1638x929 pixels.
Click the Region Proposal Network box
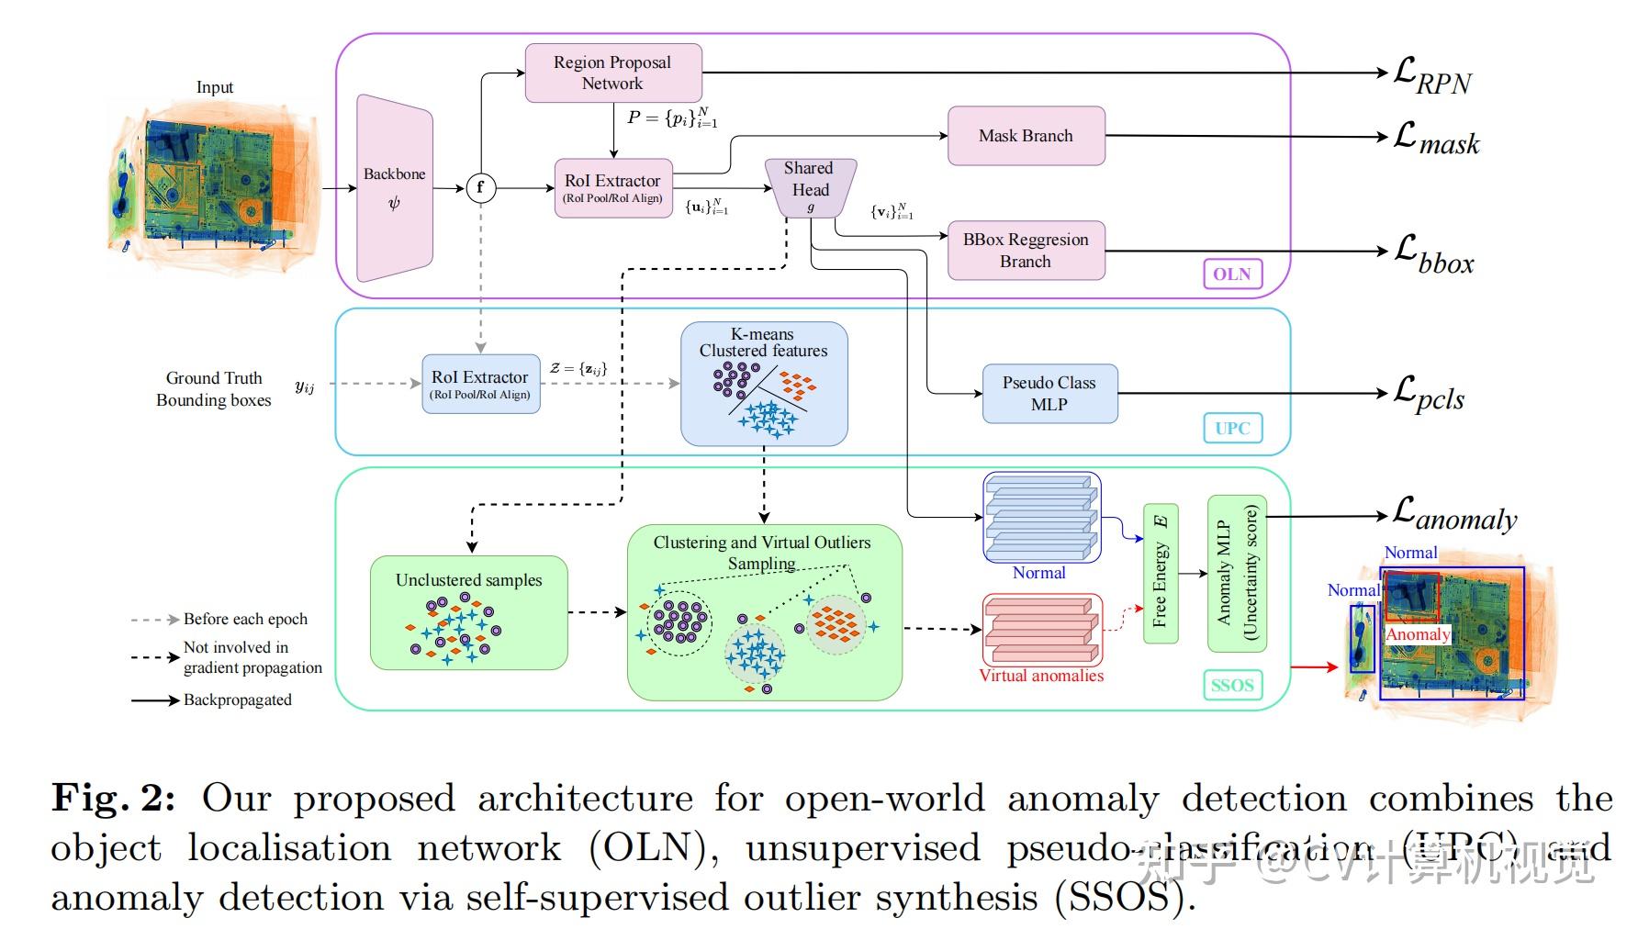coord(612,73)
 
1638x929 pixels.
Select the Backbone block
coord(394,188)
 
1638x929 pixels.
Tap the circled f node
coord(480,188)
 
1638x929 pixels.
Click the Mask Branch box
coord(1026,136)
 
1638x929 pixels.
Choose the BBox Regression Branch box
coord(1026,250)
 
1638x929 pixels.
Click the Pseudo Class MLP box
coord(1049,394)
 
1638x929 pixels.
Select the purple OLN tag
coord(1231,274)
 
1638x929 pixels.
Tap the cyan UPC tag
coord(1232,428)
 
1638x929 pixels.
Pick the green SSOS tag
coord(1231,685)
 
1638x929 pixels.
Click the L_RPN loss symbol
coord(1431,76)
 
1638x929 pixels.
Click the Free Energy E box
coord(1160,573)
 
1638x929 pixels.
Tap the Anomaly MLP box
coord(1236,573)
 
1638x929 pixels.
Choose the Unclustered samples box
coord(468,612)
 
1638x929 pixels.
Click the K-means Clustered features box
coord(764,383)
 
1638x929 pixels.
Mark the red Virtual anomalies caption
coord(1041,677)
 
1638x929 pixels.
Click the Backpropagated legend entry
coord(237,700)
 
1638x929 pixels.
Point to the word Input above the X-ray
coord(215,87)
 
